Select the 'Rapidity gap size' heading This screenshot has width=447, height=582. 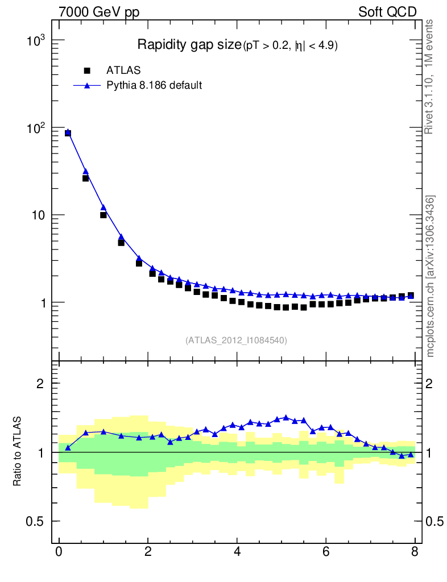[189, 45]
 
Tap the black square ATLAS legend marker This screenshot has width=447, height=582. [87, 70]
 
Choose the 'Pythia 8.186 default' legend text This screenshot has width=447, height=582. [154, 86]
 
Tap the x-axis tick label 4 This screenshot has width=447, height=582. [237, 552]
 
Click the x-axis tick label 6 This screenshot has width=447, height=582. [326, 552]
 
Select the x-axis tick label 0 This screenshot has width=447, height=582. [59, 552]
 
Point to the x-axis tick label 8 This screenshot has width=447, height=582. [415, 552]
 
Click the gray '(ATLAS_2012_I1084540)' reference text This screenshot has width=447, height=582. [236, 340]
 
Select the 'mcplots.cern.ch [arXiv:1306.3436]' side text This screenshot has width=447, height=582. [431, 276]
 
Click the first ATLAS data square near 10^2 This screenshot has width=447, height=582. [68, 133]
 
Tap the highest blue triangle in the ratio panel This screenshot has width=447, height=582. [286, 417]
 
